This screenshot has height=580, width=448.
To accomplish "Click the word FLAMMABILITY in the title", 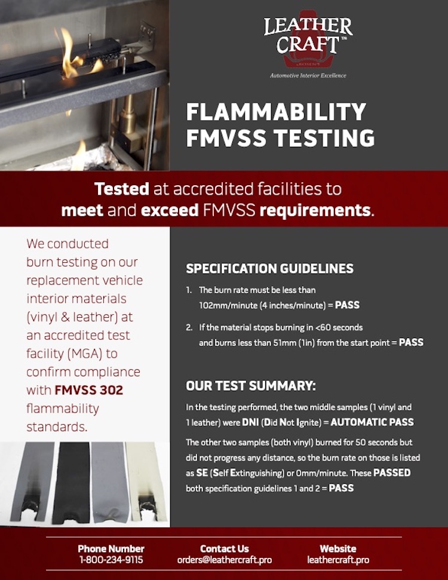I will (275, 112).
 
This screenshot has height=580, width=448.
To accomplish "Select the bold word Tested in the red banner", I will (121, 189).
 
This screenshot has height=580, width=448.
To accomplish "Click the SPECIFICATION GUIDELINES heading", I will (269, 269).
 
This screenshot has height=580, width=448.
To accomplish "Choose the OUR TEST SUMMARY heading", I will (251, 386).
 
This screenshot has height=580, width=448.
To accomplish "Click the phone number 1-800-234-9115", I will (111, 560).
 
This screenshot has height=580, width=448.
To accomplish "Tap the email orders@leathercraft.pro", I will (224, 560).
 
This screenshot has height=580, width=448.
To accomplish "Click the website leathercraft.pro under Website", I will (337, 560).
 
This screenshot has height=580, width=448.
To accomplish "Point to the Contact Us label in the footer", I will (224, 548).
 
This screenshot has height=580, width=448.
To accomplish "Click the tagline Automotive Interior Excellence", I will (308, 76).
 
